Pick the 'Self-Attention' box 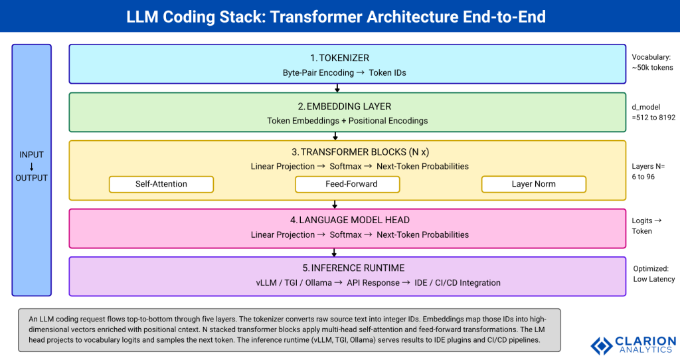(161, 184)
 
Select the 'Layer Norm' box (534, 184)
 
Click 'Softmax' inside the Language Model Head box (346, 234)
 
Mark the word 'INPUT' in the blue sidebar (31, 155)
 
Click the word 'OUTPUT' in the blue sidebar (31, 177)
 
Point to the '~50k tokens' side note (652, 68)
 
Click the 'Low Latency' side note (653, 279)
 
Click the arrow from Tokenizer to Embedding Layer (337, 88)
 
